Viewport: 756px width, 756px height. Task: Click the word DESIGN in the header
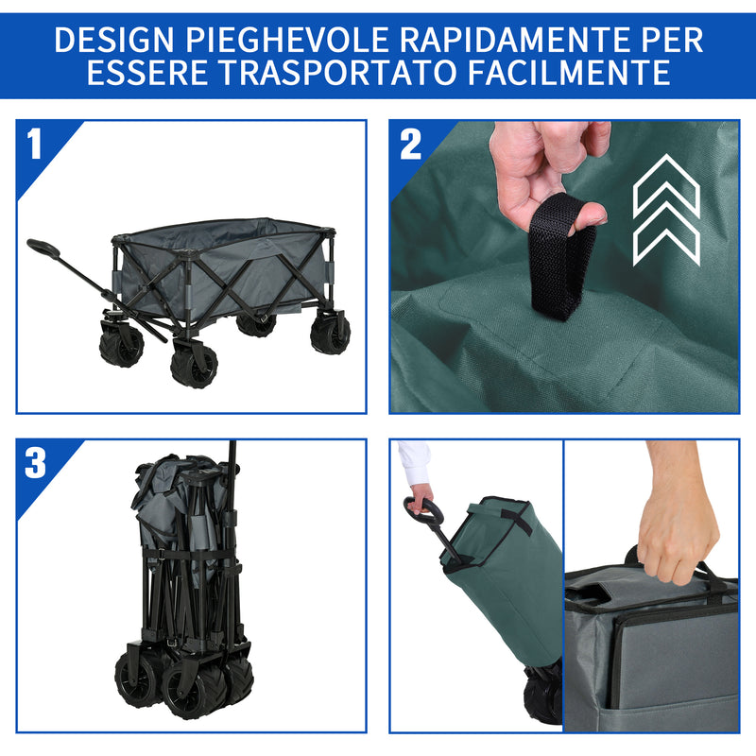click(x=113, y=40)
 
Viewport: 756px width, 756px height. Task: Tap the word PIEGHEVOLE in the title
click(x=289, y=40)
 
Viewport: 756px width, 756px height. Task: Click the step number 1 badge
click(x=35, y=145)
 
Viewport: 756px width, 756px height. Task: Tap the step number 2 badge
click(x=410, y=145)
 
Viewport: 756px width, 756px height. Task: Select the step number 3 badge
click(x=35, y=463)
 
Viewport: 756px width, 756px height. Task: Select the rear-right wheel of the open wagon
click(x=330, y=333)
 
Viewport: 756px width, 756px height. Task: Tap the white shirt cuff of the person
click(x=413, y=463)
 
